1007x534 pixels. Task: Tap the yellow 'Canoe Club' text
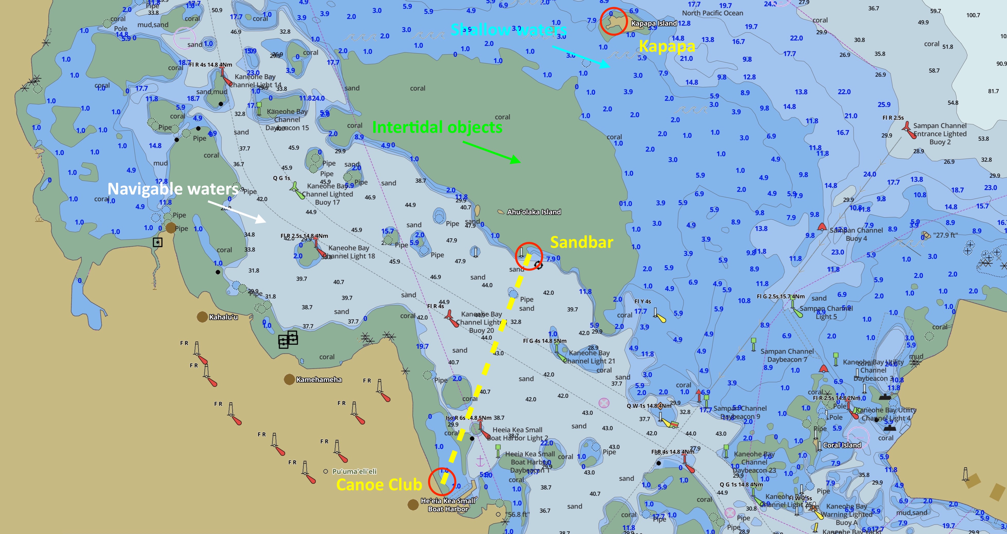379,485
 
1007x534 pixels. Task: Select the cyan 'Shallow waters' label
508,30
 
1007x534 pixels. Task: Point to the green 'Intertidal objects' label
437,127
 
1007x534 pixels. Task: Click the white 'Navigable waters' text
173,189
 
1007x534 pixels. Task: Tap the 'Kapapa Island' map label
654,23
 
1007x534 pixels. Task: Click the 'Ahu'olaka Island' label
534,212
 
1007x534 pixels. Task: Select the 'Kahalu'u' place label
223,317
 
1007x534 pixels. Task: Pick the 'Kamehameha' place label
319,379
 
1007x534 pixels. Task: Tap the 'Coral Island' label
842,445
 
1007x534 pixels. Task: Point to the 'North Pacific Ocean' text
712,13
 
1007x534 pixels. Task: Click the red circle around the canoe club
442,482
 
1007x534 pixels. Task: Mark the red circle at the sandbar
529,256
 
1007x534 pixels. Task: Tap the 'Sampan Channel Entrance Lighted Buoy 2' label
939,134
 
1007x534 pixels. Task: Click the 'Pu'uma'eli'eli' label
354,472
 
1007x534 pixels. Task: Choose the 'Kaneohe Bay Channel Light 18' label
351,252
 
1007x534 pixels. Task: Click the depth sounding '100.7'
973,15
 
